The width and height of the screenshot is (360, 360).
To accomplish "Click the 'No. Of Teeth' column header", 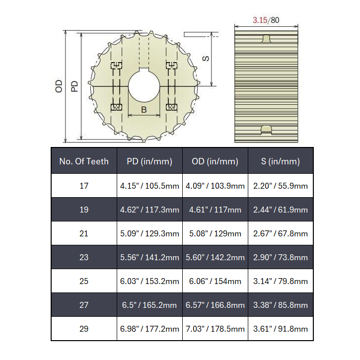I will (x=84, y=161).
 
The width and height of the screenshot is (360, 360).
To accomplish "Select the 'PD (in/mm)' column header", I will (x=149, y=161).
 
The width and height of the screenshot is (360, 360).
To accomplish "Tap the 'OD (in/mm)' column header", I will (x=215, y=161).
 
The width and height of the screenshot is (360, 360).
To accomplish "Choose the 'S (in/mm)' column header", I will (x=281, y=161).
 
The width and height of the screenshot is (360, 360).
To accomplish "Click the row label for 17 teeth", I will (x=84, y=186).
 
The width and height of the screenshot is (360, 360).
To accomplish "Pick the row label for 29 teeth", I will (x=84, y=329).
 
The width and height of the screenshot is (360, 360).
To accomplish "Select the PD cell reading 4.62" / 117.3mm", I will (x=149, y=210).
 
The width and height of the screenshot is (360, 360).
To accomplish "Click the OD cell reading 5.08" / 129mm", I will (x=215, y=233).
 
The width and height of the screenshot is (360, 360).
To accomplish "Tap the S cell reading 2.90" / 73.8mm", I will (x=281, y=257).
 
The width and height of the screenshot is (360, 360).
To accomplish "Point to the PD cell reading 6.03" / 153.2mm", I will (x=149, y=281).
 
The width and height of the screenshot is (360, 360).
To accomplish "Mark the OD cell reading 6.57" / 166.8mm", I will (x=215, y=305).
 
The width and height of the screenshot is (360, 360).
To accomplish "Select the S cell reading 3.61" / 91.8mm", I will (x=281, y=329).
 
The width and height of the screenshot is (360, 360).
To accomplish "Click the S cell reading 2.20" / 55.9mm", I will (x=281, y=186).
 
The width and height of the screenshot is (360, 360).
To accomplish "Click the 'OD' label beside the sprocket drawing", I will (x=59, y=86).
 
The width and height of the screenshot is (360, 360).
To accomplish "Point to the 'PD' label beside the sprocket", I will (x=74, y=86).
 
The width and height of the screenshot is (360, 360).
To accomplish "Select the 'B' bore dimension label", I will (x=144, y=109).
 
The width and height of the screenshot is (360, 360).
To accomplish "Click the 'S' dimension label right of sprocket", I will (x=206, y=58).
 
